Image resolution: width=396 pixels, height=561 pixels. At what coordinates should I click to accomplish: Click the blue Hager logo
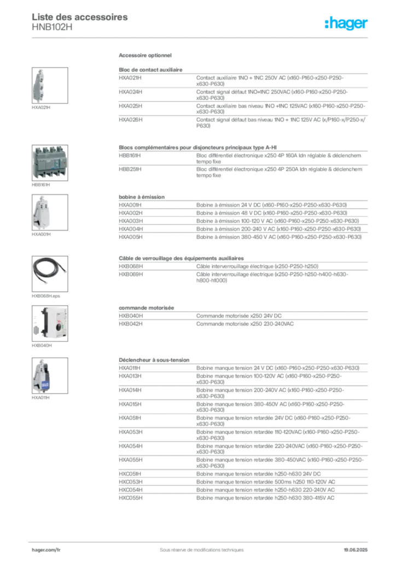pyautogui.click(x=347, y=24)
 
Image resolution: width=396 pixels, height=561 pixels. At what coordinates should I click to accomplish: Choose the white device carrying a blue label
pyautogui.click(x=43, y=376)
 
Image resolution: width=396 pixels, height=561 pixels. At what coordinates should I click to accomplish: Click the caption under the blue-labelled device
pyautogui.click(x=42, y=399)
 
